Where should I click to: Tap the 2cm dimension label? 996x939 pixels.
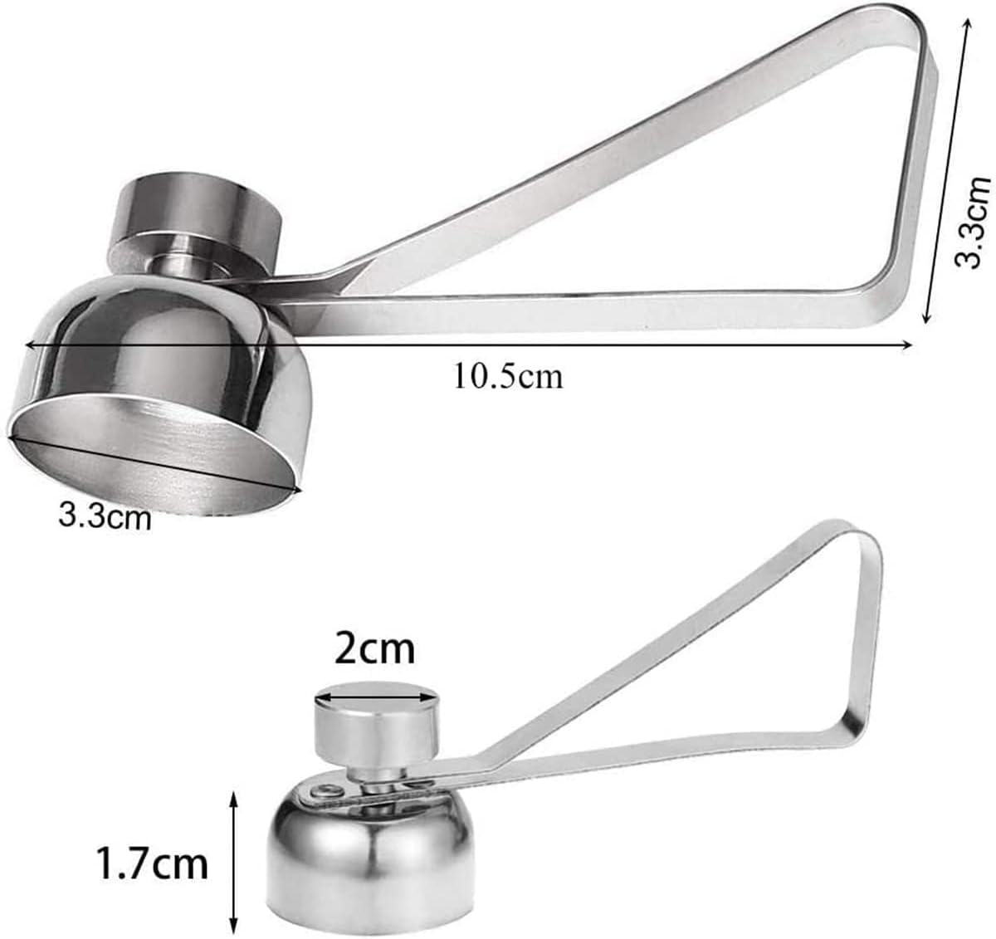[x=373, y=648]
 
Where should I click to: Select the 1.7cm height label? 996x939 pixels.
[x=151, y=863]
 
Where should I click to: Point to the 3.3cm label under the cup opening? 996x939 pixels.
[x=105, y=517]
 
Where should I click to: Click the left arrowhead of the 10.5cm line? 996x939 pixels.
[x=30, y=343]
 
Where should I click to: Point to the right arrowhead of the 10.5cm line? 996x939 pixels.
[x=908, y=348]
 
